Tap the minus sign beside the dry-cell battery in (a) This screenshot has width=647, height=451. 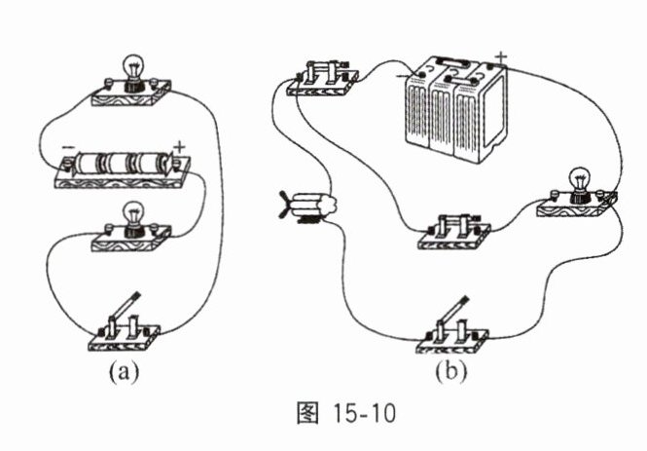point(66,147)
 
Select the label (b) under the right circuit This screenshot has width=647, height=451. point(449,371)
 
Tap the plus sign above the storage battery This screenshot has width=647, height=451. point(501,56)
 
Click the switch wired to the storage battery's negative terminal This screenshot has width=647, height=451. point(322,78)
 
